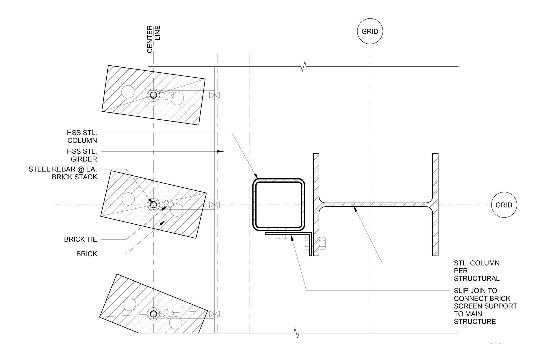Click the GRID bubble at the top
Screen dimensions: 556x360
[x=370, y=31]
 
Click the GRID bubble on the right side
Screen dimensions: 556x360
[x=504, y=205]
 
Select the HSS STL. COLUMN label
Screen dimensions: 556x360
[x=82, y=137]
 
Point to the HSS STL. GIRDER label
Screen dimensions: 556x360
[x=82, y=155]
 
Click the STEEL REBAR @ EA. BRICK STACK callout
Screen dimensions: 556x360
[x=63, y=173]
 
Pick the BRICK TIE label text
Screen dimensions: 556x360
[x=80, y=239]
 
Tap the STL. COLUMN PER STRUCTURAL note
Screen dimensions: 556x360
[x=476, y=271]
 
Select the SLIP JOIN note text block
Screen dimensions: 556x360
[x=485, y=306]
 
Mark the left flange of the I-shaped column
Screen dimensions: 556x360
[x=316, y=205]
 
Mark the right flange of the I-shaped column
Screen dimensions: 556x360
[x=435, y=205]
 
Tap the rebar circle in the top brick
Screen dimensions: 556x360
[x=153, y=95]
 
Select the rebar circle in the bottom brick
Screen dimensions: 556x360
[x=153, y=314]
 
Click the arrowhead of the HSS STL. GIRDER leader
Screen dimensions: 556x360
[x=220, y=151]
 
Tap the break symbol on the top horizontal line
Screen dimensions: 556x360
[x=303, y=66]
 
